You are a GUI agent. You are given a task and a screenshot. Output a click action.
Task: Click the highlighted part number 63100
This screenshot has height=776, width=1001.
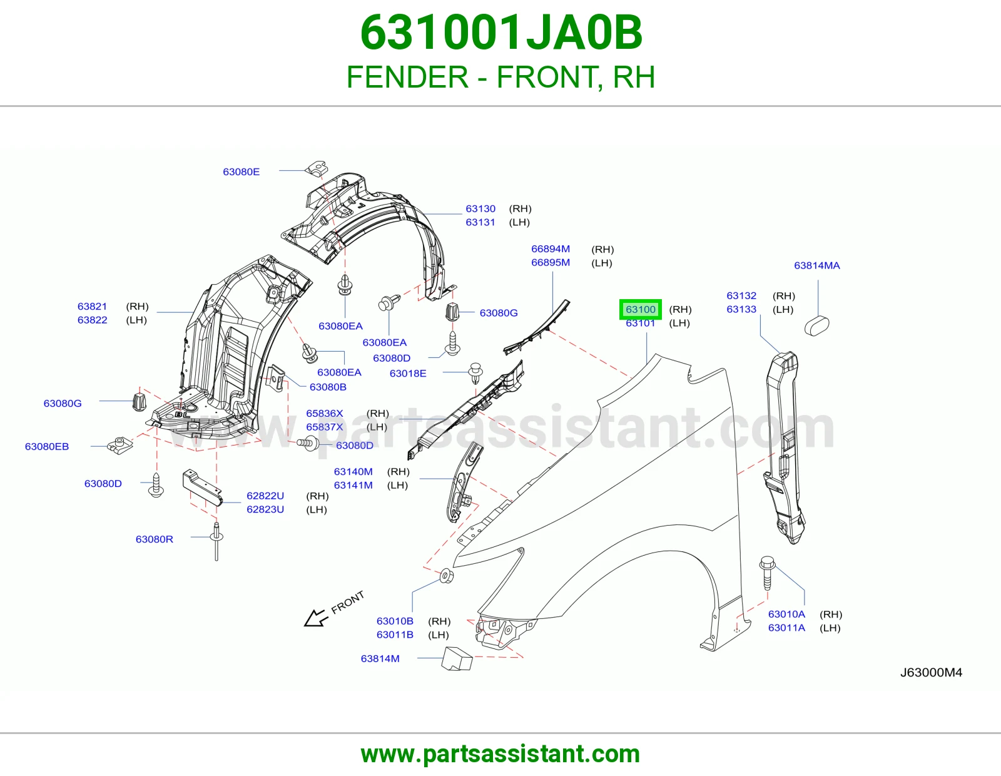(x=640, y=309)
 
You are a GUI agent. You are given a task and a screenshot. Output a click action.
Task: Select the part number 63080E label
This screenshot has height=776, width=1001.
(x=241, y=172)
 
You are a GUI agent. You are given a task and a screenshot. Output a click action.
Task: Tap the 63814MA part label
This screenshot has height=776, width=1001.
(x=816, y=265)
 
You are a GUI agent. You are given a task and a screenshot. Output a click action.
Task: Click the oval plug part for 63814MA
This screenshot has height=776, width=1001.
(x=816, y=325)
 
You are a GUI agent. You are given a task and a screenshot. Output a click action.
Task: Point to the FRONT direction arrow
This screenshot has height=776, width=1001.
(x=316, y=618)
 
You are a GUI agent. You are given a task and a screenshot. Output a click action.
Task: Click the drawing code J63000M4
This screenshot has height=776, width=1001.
(x=931, y=672)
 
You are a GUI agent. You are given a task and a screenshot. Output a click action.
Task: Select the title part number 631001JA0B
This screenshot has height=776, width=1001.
(x=500, y=33)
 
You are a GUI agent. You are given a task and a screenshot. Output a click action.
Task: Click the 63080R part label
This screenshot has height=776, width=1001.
(x=155, y=539)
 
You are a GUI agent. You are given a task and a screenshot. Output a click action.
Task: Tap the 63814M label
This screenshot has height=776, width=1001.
(x=380, y=658)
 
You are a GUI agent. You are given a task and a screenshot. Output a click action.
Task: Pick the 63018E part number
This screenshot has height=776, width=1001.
(x=408, y=373)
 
